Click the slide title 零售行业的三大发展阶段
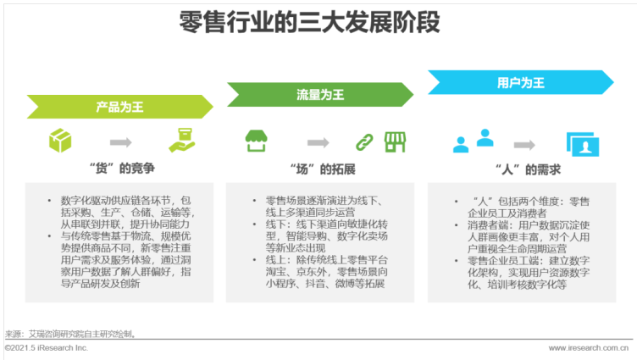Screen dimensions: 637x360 pos(309,22)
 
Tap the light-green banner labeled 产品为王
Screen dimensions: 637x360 pos(119,107)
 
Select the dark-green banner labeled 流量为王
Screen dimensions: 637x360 pos(320,95)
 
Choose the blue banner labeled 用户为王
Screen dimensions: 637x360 pos(521,82)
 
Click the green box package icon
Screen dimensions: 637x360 pos(60,141)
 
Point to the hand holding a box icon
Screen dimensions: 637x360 pos(182,140)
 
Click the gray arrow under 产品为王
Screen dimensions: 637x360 pos(120,142)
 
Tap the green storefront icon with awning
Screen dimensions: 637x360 pos(256,141)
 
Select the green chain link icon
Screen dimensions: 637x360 pos(364,142)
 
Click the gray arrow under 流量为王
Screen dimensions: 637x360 pos(318,142)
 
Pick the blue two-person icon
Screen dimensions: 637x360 pos(474,141)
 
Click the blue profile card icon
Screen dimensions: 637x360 pos(583,144)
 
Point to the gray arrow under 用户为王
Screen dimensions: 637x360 pos(524,145)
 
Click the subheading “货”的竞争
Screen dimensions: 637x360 pos(122,169)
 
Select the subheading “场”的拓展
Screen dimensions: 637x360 pos(323,169)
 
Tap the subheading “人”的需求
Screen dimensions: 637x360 pos(528,169)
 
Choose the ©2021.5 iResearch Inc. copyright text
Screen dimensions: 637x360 pos(47,348)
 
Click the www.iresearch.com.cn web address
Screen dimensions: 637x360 pos(589,348)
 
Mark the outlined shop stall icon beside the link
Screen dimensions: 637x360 pos(395,142)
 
